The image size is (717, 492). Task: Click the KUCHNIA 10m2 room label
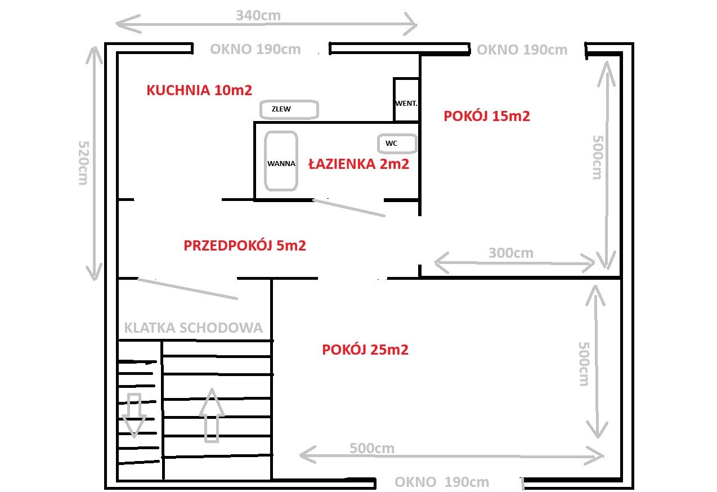[199, 90]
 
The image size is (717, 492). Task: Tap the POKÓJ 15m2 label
[486, 116]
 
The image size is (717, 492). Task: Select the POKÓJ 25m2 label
[365, 350]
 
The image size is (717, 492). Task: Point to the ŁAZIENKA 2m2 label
[358, 164]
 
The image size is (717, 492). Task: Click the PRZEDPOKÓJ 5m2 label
[245, 245]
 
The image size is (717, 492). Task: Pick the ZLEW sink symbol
[289, 109]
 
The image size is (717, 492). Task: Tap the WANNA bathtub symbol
[281, 161]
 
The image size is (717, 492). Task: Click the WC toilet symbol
[397, 144]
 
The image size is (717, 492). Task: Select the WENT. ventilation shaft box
[406, 100]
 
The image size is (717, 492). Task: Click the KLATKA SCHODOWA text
[194, 328]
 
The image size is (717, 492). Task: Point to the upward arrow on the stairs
[212, 415]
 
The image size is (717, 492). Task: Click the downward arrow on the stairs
[134, 415]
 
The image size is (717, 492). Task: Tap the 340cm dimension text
[258, 15]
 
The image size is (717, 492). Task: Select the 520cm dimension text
[83, 163]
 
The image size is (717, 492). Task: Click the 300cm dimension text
[511, 253]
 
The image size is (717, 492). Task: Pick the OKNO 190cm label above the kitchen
[256, 50]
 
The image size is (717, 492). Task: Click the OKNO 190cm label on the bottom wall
[442, 482]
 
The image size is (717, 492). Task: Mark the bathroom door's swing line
[349, 208]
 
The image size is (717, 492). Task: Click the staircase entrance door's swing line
[187, 289]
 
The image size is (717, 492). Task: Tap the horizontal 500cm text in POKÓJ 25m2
[372, 448]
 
